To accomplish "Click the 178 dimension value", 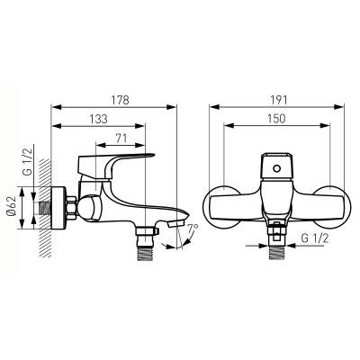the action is [x=120, y=100].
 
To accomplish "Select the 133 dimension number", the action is [x=98, y=119].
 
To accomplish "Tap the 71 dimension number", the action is [x=121, y=139].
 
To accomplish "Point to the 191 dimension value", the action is [x=278, y=100].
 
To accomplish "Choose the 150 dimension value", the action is [x=276, y=119].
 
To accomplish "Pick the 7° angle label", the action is [x=193, y=229].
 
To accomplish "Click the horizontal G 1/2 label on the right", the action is [x=315, y=239].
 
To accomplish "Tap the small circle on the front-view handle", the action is [x=277, y=168].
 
